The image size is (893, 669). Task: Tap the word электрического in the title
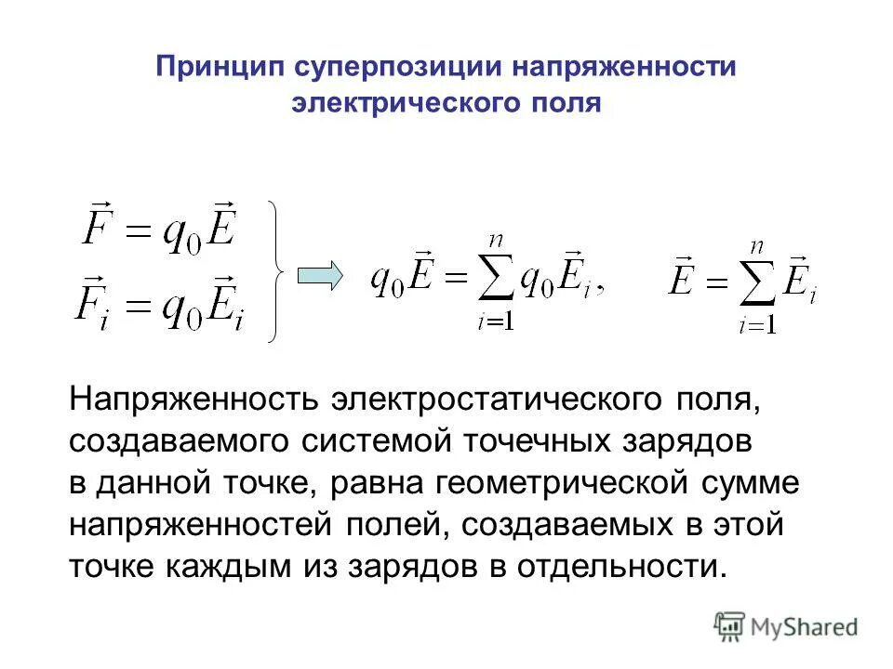point(390,102)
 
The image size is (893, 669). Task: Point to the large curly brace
point(276,270)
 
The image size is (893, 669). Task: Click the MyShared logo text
point(806,626)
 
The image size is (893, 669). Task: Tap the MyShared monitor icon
point(731,626)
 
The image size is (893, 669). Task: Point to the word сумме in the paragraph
point(765,483)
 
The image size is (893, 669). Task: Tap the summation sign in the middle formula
point(500,279)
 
